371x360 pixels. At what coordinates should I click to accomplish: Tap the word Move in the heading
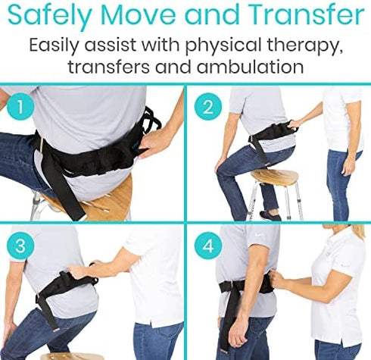click(x=139, y=15)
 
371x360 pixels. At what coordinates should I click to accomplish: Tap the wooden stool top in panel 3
click(x=72, y=355)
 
